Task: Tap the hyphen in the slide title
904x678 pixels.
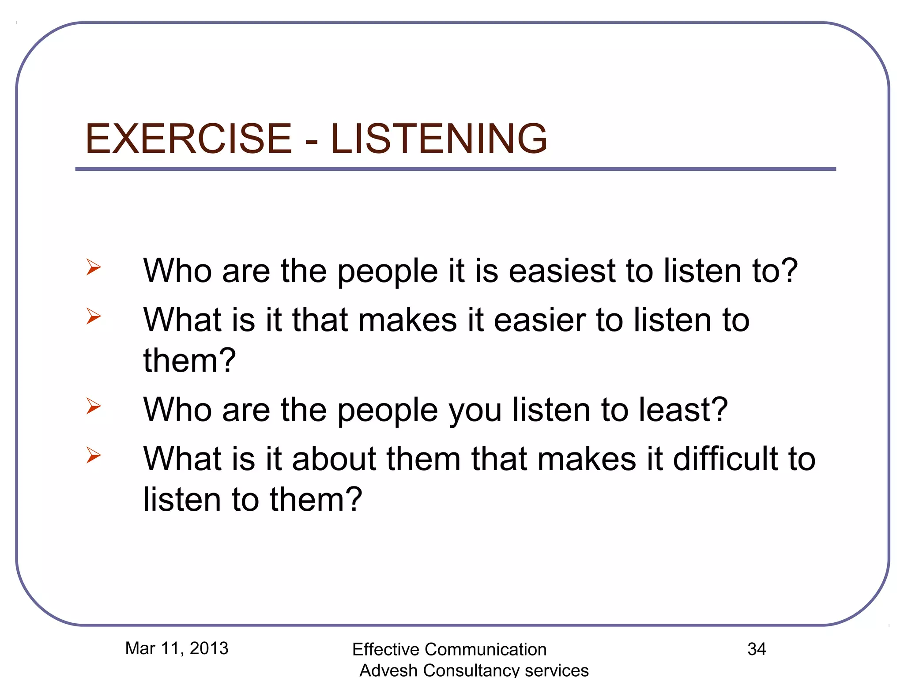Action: [x=312, y=141]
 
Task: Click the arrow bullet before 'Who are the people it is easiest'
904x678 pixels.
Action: [x=94, y=267]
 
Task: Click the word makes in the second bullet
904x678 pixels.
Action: [x=407, y=320]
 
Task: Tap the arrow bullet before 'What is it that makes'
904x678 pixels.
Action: [x=94, y=316]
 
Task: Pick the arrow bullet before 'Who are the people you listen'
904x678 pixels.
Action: [x=94, y=406]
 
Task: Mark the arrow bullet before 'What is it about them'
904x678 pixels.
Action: [x=94, y=455]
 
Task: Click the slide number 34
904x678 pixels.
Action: [x=757, y=649]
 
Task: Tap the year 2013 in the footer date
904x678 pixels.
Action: [x=209, y=648]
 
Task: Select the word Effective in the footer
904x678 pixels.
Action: [x=386, y=649]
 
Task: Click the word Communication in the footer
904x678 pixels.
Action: [x=485, y=649]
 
